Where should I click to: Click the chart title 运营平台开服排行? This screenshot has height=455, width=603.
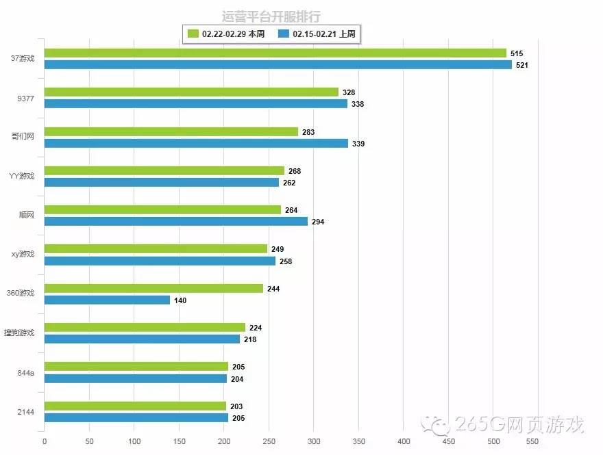pos(271,16)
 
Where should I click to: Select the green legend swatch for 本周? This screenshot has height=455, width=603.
pos(193,34)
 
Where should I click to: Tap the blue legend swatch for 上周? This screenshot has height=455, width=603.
pos(284,34)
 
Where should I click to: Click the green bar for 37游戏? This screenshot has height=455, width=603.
pos(275,53)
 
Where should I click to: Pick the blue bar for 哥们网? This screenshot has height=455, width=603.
pos(196,144)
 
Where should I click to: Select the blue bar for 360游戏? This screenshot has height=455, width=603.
pos(107,300)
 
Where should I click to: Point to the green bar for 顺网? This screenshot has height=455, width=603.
pos(162,210)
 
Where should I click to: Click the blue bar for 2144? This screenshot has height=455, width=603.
pos(136,418)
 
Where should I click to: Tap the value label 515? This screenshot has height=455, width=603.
pos(517,53)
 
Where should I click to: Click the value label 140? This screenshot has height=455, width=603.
pos(180,300)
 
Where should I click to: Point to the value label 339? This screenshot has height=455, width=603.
pos(358,144)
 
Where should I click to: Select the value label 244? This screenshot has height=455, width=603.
pos(273,289)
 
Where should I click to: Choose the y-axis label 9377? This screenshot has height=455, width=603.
pos(26,98)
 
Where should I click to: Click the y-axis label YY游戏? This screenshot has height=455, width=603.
pos(22,177)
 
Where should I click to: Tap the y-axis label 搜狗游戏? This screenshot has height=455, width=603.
pos(20,333)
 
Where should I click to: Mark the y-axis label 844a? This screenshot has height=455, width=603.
pos(26,373)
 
